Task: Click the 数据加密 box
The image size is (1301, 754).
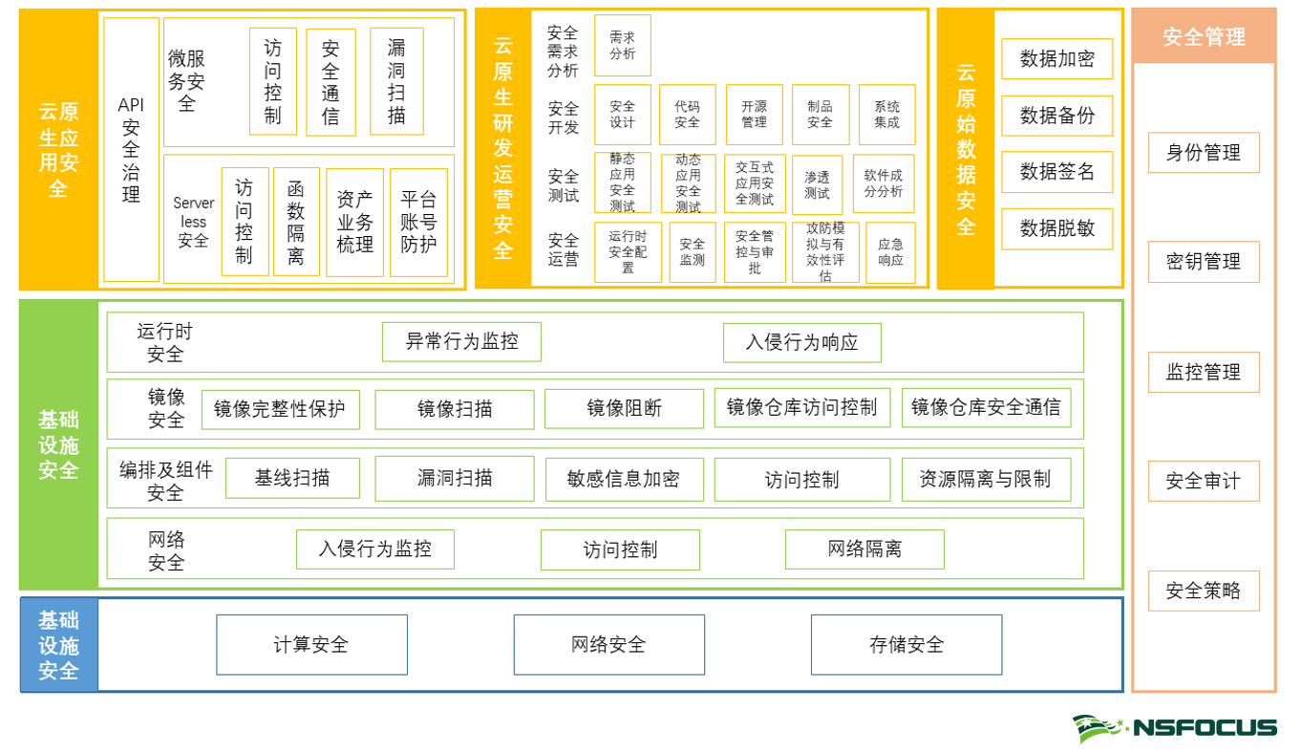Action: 1056,59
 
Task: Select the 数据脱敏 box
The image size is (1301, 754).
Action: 1056,229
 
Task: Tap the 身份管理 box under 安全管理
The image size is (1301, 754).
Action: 1204,153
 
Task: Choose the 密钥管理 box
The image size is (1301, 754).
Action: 1204,262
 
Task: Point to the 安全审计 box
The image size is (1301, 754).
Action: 1204,482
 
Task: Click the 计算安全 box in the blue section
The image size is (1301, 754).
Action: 311,645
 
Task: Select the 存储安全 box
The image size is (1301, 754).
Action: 906,645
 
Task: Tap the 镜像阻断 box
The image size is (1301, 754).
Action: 624,409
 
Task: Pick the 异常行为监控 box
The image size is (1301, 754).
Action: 461,342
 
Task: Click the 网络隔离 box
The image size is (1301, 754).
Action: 864,549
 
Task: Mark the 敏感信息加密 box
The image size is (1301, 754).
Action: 624,480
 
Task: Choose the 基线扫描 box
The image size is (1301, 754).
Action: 292,479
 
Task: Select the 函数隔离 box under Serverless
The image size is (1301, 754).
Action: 296,223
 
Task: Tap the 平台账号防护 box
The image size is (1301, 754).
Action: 418,223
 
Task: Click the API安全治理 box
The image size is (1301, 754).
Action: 131,149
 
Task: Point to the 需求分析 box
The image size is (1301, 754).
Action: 622,45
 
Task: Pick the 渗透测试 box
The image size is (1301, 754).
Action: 817,184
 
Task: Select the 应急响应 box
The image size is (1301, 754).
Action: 890,252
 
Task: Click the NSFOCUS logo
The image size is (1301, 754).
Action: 1174,728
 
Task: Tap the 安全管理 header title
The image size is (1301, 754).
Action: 1204,37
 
